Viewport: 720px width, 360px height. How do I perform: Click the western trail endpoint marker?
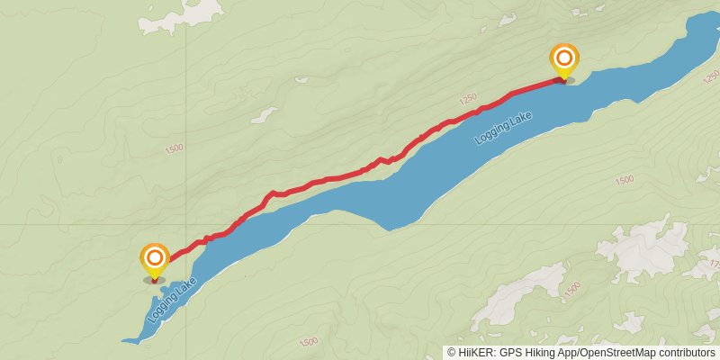tap(155, 260)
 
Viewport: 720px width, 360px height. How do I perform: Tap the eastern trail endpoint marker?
tap(564, 60)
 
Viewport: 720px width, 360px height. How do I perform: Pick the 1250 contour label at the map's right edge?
tap(710, 76)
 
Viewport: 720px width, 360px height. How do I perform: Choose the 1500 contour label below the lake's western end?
tap(308, 341)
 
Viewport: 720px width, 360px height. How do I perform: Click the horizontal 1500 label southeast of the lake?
tap(624, 180)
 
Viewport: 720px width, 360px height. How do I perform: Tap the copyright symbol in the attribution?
tap(452, 352)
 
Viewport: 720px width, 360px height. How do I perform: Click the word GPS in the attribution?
tap(508, 352)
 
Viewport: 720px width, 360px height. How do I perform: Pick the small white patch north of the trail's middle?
tap(265, 115)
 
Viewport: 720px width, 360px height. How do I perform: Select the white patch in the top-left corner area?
tap(192, 11)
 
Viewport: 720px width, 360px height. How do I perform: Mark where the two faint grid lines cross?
tap(186, 224)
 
